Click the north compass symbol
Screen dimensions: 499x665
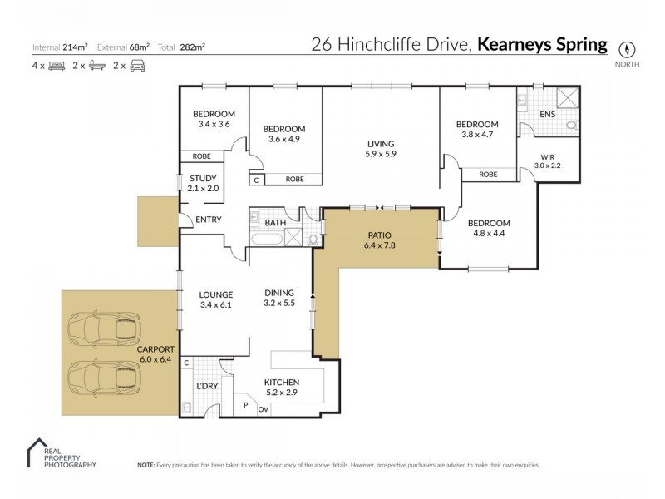pos(623,47)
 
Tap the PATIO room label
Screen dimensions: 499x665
pos(377,235)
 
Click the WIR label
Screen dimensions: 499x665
pos(547,156)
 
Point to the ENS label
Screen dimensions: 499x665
pos(547,114)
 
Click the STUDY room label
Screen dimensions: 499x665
pos(203,178)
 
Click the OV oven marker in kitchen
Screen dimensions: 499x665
pos(264,408)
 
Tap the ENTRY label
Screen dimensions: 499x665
pos(207,220)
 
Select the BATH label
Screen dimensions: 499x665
pos(275,223)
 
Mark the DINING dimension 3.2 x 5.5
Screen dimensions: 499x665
pos(279,304)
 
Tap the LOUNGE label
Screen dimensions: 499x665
pos(215,294)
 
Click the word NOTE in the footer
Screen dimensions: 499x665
pos(146,465)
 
